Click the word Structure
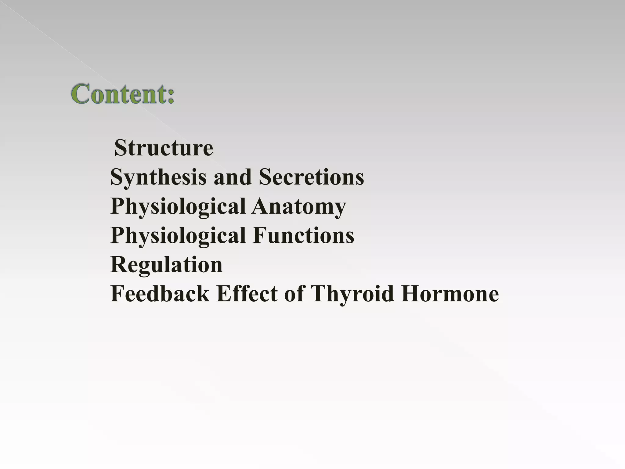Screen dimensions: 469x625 click(164, 148)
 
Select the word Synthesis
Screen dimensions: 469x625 click(158, 177)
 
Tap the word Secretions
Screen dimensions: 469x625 click(311, 177)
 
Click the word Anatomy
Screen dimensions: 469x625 click(299, 207)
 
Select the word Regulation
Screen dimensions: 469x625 click(167, 265)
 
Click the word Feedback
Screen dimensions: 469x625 click(160, 294)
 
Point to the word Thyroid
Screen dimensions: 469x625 click(352, 294)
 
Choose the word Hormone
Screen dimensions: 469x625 click(450, 294)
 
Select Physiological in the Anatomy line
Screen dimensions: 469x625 click(178, 207)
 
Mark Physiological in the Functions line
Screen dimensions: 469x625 click(178, 236)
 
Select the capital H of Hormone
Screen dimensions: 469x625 click(411, 293)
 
